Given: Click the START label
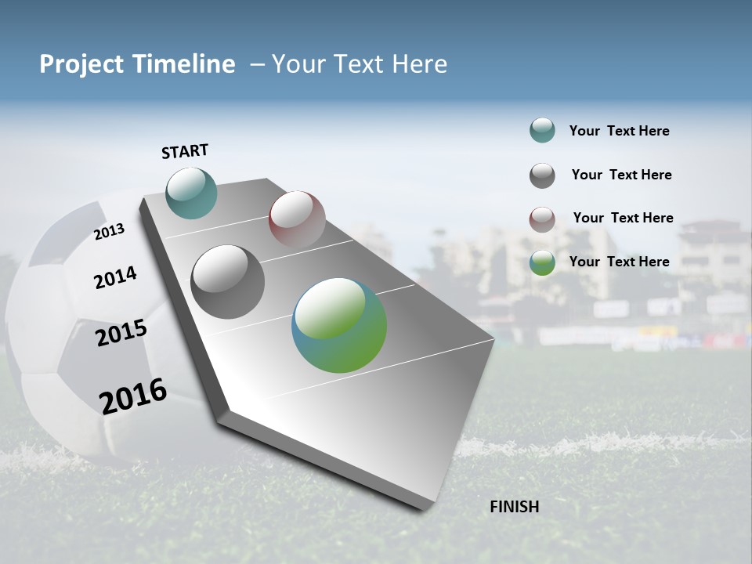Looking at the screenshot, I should click(x=185, y=151).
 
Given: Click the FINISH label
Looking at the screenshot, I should click(x=514, y=507).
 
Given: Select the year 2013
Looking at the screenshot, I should click(x=109, y=232).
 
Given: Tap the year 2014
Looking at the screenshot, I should click(x=115, y=277).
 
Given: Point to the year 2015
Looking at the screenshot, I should click(x=121, y=333).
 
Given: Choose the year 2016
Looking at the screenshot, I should click(x=133, y=396).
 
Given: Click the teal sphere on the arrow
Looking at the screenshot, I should click(x=191, y=193).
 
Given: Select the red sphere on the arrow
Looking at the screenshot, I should click(x=297, y=219).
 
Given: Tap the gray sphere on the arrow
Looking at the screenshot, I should click(x=228, y=282).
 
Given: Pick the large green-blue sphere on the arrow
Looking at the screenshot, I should click(x=339, y=325).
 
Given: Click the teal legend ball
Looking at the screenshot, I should click(x=542, y=130).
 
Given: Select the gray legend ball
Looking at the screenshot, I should click(x=542, y=175).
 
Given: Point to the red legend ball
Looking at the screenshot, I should click(x=542, y=219).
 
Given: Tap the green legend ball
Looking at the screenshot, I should click(x=542, y=262).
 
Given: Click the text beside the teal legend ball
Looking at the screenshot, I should click(x=619, y=131).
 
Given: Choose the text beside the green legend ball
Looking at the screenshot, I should click(x=619, y=262).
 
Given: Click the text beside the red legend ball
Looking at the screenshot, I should click(x=623, y=218).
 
